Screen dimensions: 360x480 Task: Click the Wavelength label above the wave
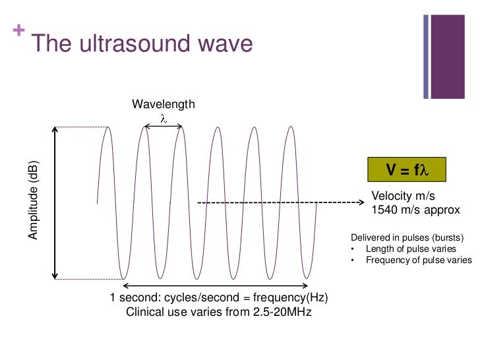click(x=164, y=104)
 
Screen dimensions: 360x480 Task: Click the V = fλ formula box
click(x=407, y=169)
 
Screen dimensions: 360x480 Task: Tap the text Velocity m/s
click(x=404, y=196)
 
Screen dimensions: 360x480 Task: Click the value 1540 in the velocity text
click(x=385, y=210)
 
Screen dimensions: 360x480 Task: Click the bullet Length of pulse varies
click(x=410, y=249)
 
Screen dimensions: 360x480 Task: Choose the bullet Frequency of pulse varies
click(x=418, y=260)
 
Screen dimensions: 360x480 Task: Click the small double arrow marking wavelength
click(x=164, y=127)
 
